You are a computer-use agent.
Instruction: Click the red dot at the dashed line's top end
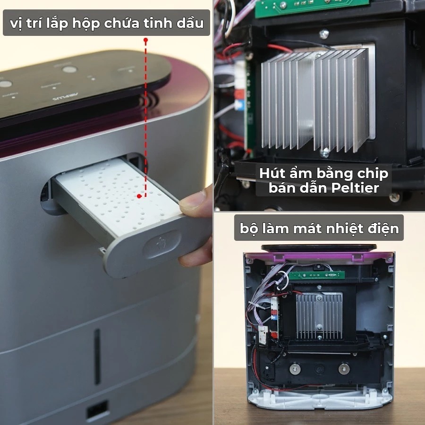(145, 40)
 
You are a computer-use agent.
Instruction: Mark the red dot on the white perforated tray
(139, 196)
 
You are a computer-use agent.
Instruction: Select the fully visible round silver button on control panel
(70, 70)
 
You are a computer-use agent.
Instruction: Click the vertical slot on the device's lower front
(97, 357)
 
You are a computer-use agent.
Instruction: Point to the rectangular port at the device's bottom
(98, 410)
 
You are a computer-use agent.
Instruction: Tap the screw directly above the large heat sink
(324, 34)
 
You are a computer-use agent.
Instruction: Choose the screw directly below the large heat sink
(324, 153)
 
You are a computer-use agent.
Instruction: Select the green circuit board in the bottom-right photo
(316, 275)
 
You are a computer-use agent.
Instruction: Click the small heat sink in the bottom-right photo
(319, 316)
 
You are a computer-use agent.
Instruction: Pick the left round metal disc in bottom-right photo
(295, 369)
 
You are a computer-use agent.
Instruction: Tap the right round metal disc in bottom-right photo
(344, 369)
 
